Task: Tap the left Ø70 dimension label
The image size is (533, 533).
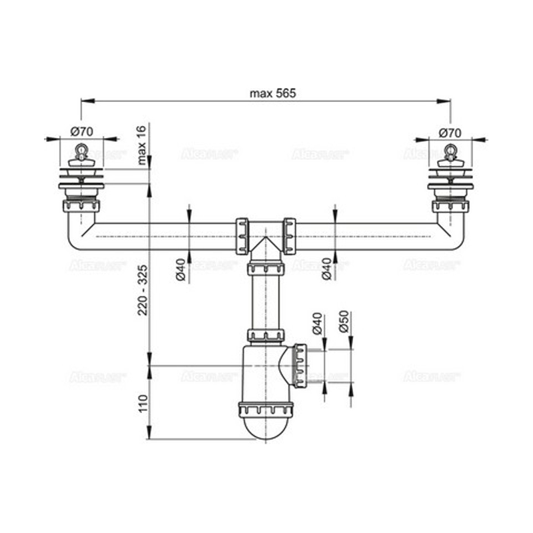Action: [x=81, y=131]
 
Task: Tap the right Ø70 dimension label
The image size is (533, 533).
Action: [x=450, y=131]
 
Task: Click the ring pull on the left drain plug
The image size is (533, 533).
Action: [x=81, y=149]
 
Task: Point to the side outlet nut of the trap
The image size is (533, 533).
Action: [x=300, y=366]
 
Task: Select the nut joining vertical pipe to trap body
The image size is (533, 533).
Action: [x=265, y=335]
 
